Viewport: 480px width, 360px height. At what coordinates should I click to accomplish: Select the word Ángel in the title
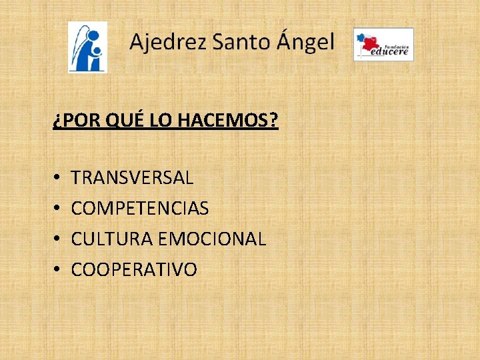pyautogui.click(x=304, y=43)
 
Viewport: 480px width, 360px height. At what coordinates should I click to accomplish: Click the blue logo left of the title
pyautogui.click(x=87, y=47)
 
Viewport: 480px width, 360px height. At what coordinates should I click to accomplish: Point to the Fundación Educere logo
pyautogui.click(x=383, y=45)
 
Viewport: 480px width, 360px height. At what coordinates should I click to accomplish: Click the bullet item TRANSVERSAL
pyautogui.click(x=132, y=178)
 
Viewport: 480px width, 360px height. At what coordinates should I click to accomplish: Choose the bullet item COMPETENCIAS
pyautogui.click(x=139, y=209)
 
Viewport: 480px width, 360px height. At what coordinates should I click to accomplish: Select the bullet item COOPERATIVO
pyautogui.click(x=134, y=269)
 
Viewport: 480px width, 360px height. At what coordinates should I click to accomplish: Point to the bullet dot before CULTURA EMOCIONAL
pyautogui.click(x=57, y=239)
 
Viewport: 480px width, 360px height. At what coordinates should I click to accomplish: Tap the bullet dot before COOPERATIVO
pyautogui.click(x=57, y=270)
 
